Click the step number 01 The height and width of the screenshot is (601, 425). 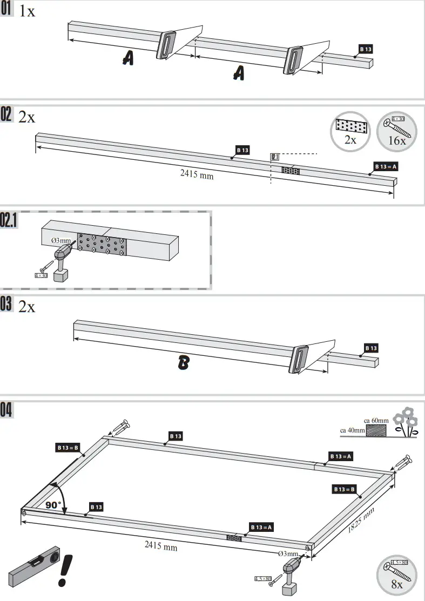7,10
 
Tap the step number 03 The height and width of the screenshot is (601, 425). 7,306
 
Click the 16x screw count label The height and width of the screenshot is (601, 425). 397,140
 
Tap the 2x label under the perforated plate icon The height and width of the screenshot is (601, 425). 350,140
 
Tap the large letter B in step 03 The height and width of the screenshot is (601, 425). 184,364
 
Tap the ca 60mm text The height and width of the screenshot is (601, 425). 376,420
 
